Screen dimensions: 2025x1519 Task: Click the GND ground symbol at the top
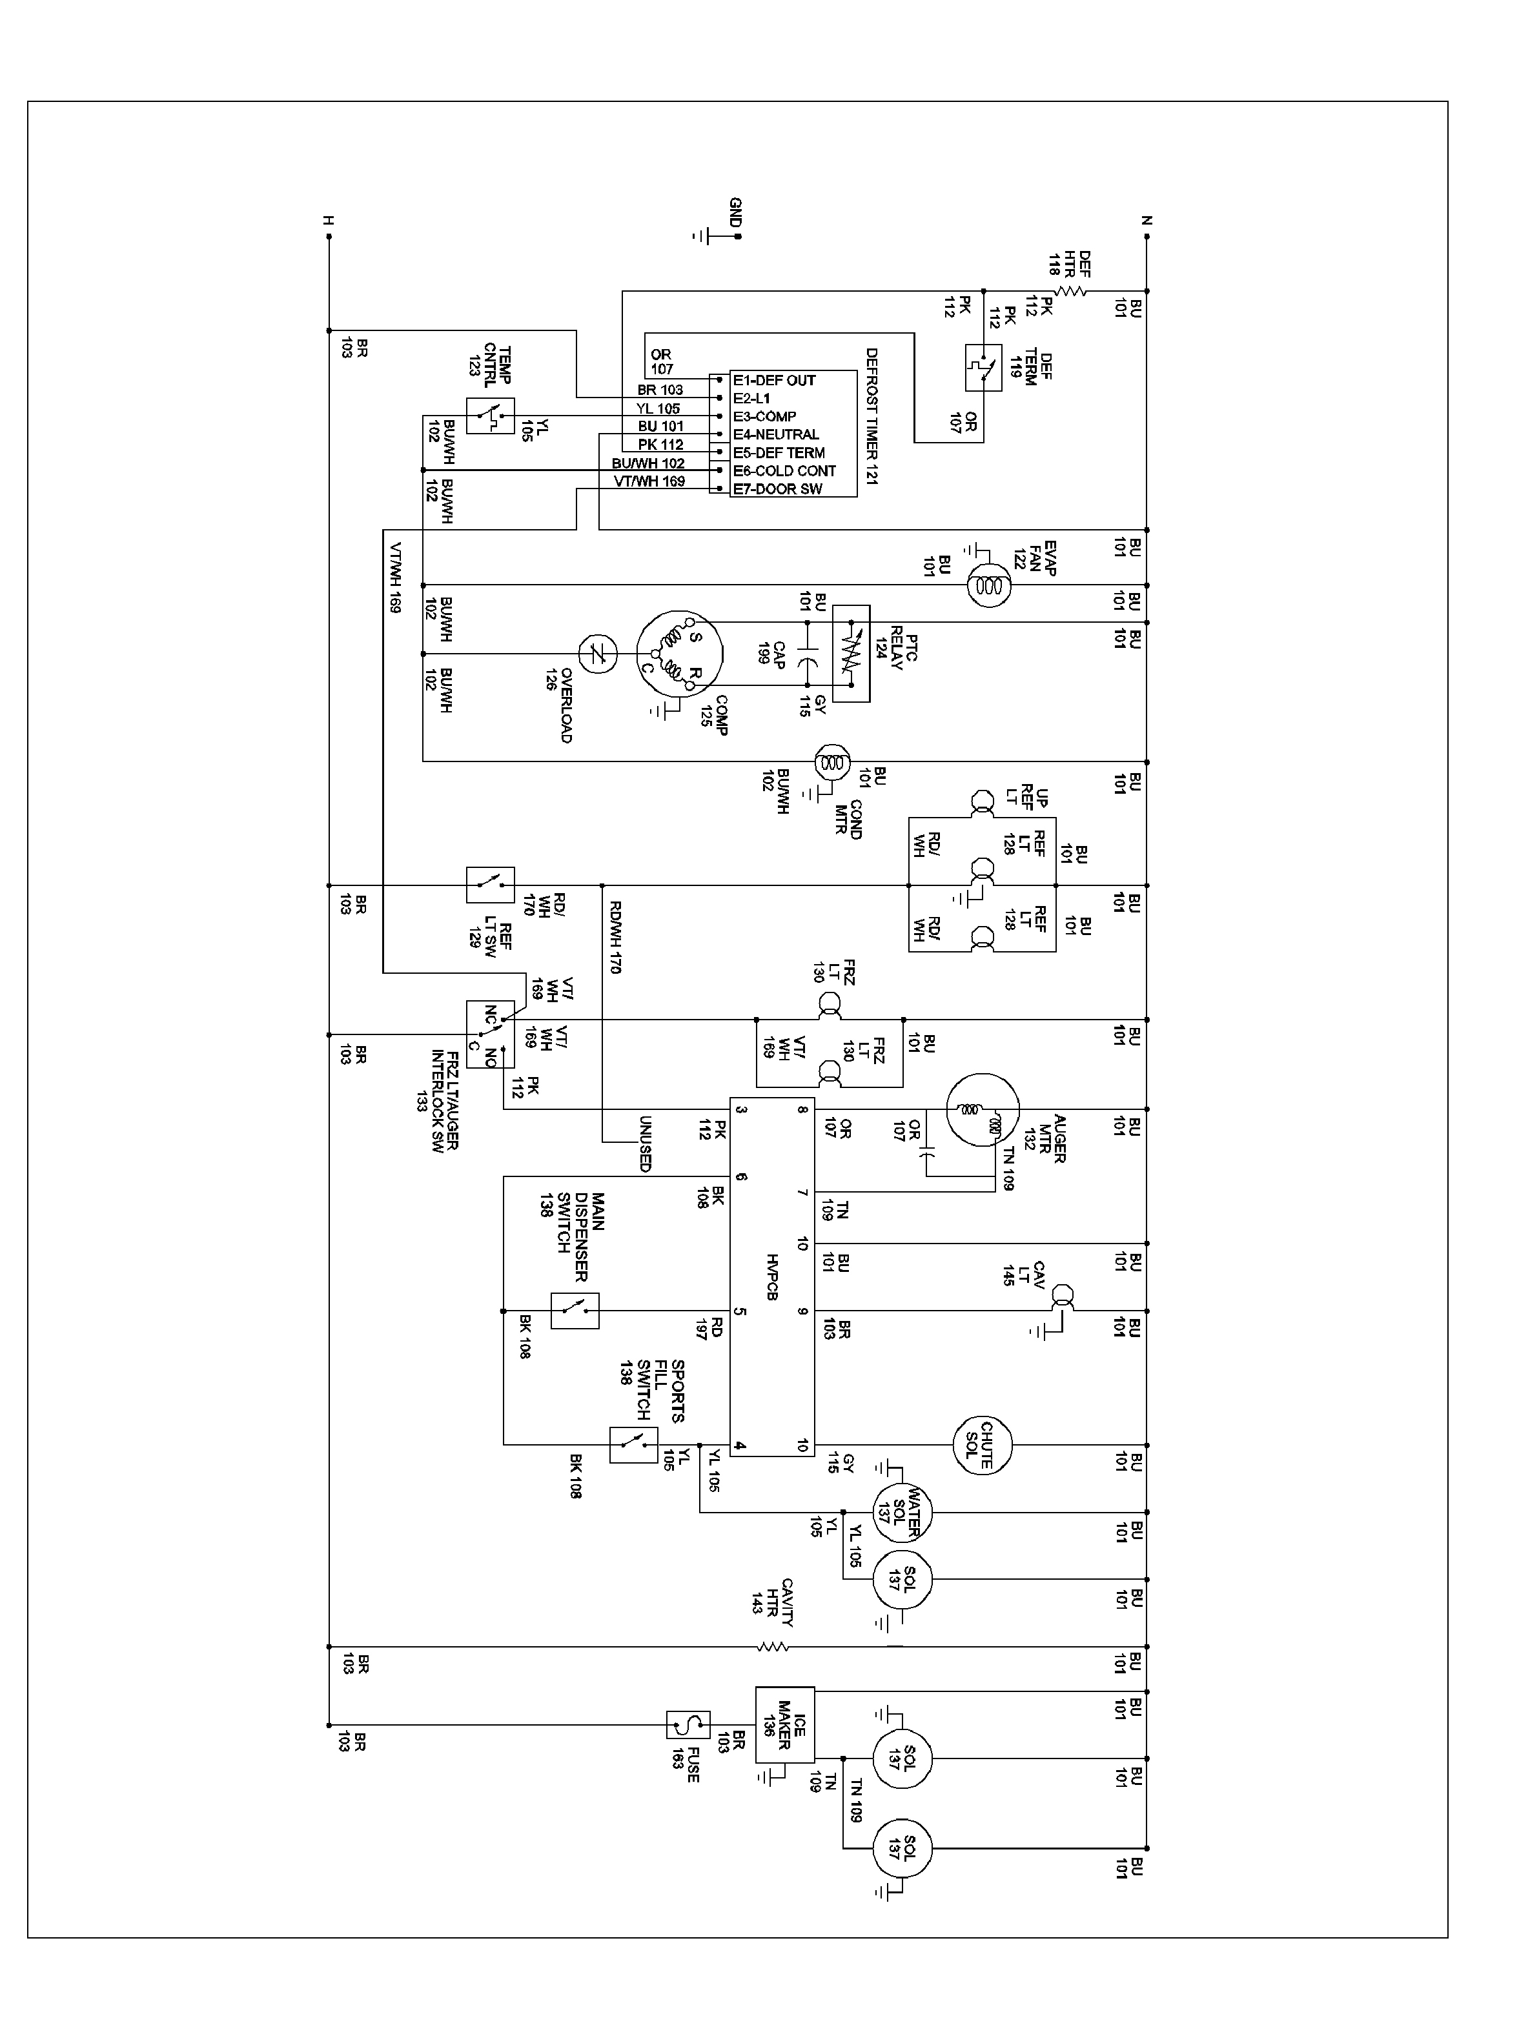[x=705, y=236]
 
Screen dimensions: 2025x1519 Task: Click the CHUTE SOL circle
[x=981, y=1446]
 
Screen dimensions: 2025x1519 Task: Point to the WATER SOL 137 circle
[x=901, y=1513]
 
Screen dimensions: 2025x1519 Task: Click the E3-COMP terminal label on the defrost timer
[x=764, y=416]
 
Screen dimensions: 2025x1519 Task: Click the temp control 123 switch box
[x=490, y=416]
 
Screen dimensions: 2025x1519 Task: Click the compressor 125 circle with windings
[x=679, y=654]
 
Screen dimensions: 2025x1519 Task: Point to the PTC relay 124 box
[x=851, y=654]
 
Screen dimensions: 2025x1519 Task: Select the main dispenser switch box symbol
[x=574, y=1311]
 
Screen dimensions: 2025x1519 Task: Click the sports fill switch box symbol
[x=633, y=1445]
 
